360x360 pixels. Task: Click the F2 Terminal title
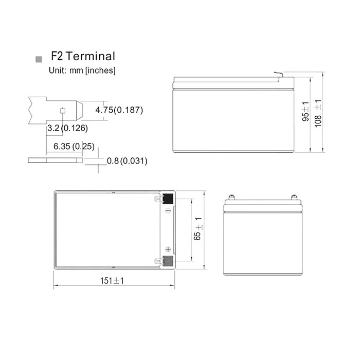tap(83, 56)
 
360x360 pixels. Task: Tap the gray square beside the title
tap(39, 59)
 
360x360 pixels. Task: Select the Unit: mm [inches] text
tap(82, 70)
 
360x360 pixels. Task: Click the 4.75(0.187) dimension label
tap(119, 110)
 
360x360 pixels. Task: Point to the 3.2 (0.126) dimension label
tap(67, 128)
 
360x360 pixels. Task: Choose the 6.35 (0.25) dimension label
tap(74, 146)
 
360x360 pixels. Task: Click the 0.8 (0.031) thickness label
tap(127, 160)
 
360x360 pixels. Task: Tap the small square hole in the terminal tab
tap(63, 111)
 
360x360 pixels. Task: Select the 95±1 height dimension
tap(305, 112)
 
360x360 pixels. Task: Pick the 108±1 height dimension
tap(318, 114)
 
